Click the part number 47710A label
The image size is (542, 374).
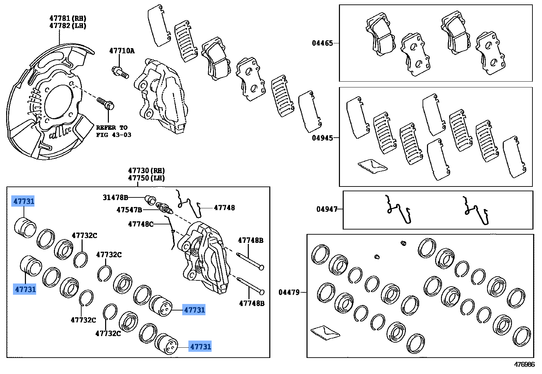pos(122,51)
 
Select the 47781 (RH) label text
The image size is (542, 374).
pos(68,18)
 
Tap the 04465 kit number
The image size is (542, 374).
pos(322,43)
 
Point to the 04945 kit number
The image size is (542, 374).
pos(322,138)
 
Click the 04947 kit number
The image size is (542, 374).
pos(327,209)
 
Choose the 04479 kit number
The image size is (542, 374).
pos(289,292)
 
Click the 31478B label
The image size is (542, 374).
pos(115,197)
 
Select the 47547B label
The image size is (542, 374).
pos(129,210)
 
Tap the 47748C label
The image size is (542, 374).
pos(140,224)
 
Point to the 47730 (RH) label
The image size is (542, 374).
pos(146,170)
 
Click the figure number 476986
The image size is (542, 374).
pos(524,364)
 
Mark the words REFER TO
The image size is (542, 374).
pos(112,127)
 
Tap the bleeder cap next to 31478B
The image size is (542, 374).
pos(150,199)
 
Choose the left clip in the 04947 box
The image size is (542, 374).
pos(398,209)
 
